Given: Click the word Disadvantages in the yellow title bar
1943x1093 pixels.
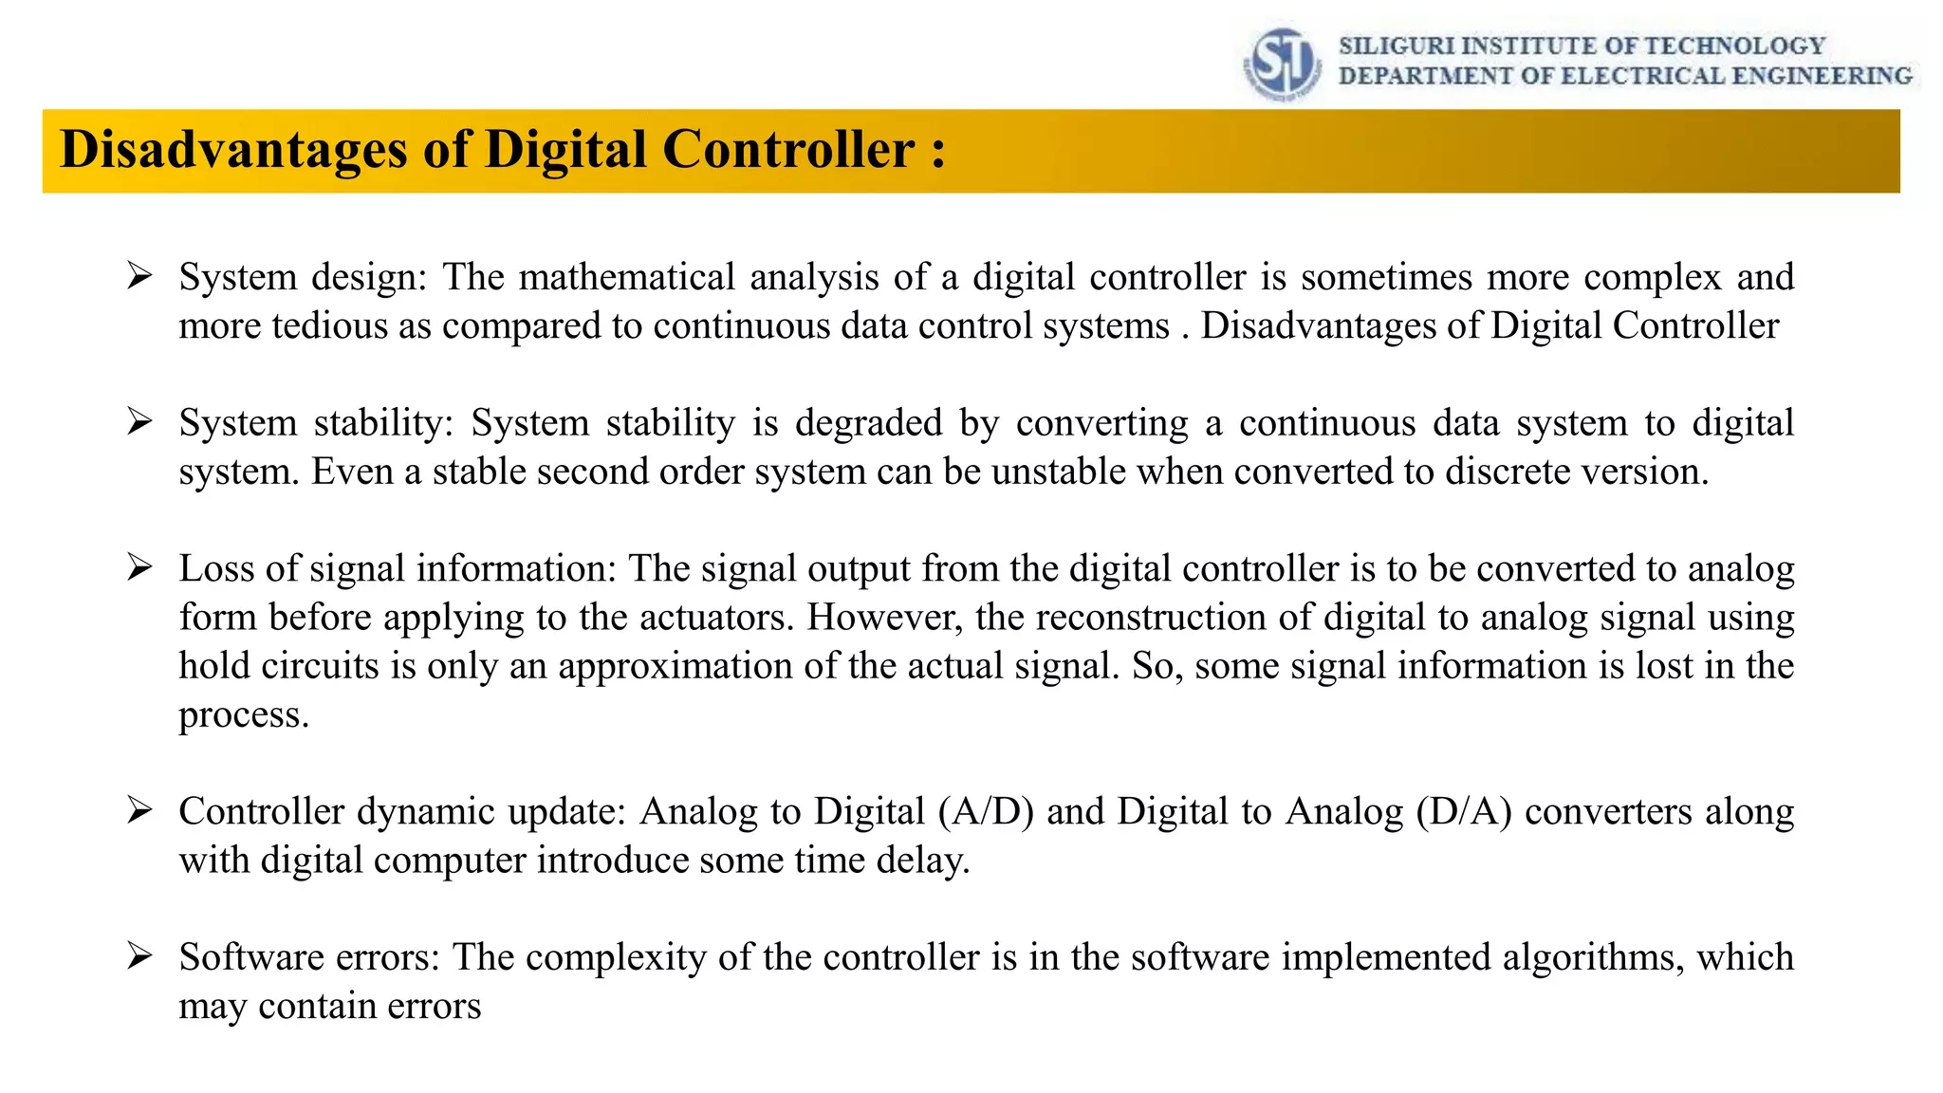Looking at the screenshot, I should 233,150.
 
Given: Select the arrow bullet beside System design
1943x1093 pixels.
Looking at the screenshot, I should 139,277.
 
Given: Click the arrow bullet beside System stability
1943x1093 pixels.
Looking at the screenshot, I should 139,422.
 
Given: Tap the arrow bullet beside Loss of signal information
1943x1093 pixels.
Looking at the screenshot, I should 139,568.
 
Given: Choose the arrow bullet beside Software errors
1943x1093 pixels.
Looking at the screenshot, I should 139,956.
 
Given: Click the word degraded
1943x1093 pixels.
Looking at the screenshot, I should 868,422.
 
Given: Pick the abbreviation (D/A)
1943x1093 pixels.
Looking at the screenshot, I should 1464,811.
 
